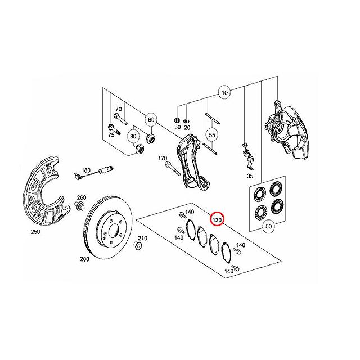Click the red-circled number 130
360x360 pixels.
click(217, 220)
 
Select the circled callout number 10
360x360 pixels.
click(224, 93)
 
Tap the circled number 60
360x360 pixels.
click(151, 120)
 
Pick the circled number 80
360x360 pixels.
click(133, 136)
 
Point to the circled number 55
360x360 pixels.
click(212, 135)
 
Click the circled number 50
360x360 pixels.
click(268, 226)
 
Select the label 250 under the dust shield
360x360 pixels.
click(35, 232)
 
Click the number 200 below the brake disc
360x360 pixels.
click(84, 259)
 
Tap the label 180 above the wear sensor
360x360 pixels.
click(86, 170)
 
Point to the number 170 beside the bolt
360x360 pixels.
click(163, 158)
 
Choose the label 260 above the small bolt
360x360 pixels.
click(82, 197)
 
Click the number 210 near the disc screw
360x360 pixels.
click(142, 238)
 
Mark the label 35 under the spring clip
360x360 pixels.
click(250, 176)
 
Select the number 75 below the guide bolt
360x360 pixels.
click(111, 135)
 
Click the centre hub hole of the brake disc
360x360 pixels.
click(114, 231)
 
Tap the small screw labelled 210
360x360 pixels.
click(137, 246)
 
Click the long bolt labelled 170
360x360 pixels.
click(172, 168)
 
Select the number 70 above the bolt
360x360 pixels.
click(118, 109)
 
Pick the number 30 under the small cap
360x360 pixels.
click(178, 127)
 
